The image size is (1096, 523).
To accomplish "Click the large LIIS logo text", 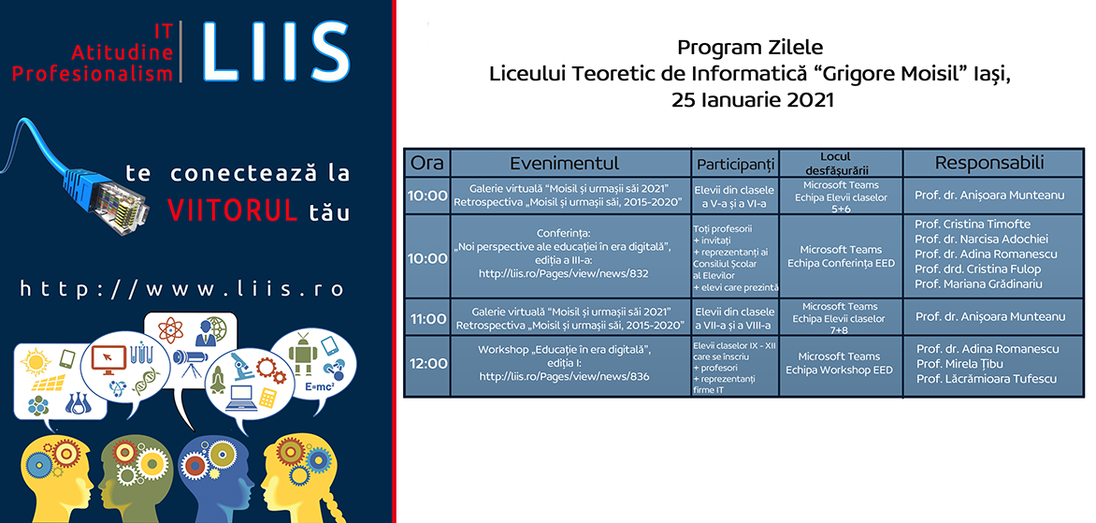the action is click(276, 51).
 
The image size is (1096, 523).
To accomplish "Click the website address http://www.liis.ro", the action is click(181, 289).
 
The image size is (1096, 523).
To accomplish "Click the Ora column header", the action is click(427, 163).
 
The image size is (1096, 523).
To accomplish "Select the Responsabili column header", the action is click(989, 163).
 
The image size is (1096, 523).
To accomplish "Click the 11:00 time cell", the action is click(427, 319).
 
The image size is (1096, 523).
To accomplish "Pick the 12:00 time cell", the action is click(427, 364).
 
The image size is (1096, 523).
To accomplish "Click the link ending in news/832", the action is click(564, 274).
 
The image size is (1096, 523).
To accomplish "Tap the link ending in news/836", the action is click(564, 376).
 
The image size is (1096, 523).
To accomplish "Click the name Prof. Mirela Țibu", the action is click(959, 364).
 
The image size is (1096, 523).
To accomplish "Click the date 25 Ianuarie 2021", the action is click(752, 100).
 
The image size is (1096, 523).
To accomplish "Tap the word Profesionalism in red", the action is click(93, 73).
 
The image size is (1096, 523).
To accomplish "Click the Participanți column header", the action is click(735, 165).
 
